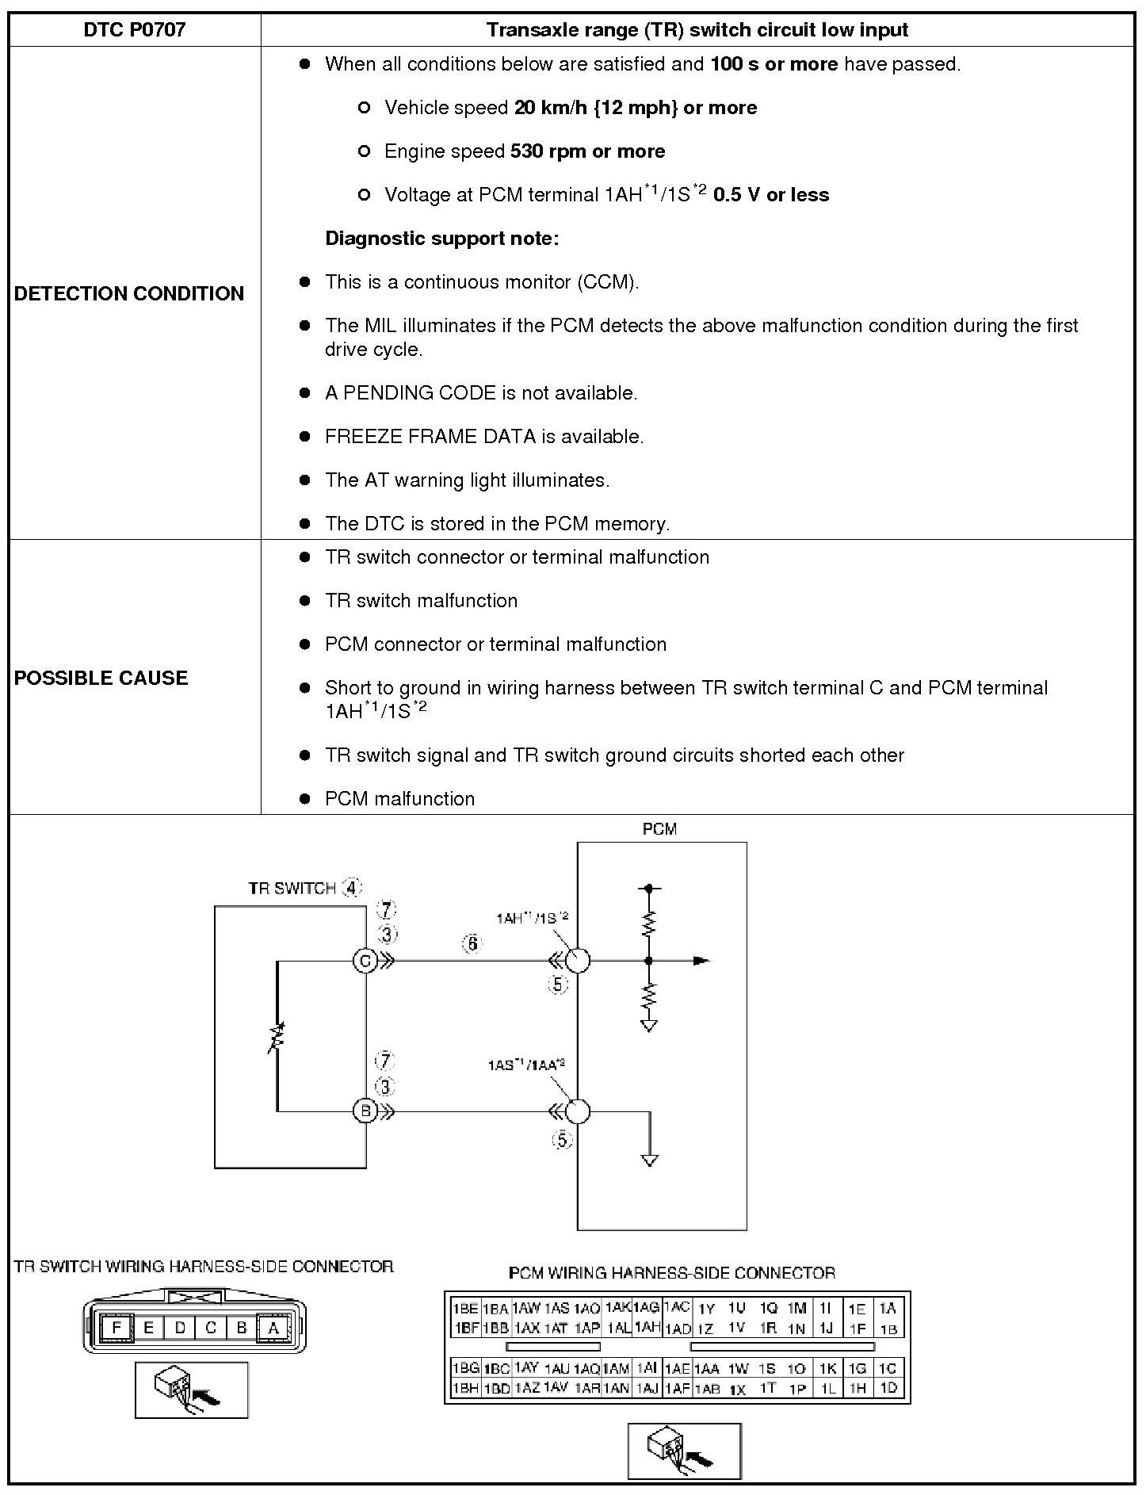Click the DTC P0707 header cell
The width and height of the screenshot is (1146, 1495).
pos(135,30)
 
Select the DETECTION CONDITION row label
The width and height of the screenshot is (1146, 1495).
pos(129,293)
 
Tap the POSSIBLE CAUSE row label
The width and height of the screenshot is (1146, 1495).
pos(101,678)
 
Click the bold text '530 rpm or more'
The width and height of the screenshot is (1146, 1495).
pos(587,151)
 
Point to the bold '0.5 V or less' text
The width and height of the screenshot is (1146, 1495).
pos(770,195)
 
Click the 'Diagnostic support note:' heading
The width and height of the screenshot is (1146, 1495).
pos(442,239)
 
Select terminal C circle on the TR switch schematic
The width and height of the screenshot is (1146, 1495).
pos(365,962)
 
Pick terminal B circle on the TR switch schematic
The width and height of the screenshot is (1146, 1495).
pos(365,1111)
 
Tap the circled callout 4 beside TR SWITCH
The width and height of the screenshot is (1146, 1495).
pos(352,888)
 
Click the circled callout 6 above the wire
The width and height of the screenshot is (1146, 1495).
pos(472,943)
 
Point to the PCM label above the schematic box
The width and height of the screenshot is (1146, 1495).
pos(659,829)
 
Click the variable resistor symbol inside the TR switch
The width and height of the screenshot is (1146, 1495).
pos(277,1038)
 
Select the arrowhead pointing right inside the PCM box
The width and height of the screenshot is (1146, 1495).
pos(701,961)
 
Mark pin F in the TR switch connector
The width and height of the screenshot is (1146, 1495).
pos(117,1328)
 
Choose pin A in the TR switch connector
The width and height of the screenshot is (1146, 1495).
pos(273,1328)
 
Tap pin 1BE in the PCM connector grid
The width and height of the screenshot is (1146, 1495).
pos(464,1309)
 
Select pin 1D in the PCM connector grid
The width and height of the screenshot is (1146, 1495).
pos(888,1388)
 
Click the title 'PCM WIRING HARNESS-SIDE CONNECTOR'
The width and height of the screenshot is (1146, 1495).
pos(671,1273)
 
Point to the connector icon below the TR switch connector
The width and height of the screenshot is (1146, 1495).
pos(191,1390)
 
